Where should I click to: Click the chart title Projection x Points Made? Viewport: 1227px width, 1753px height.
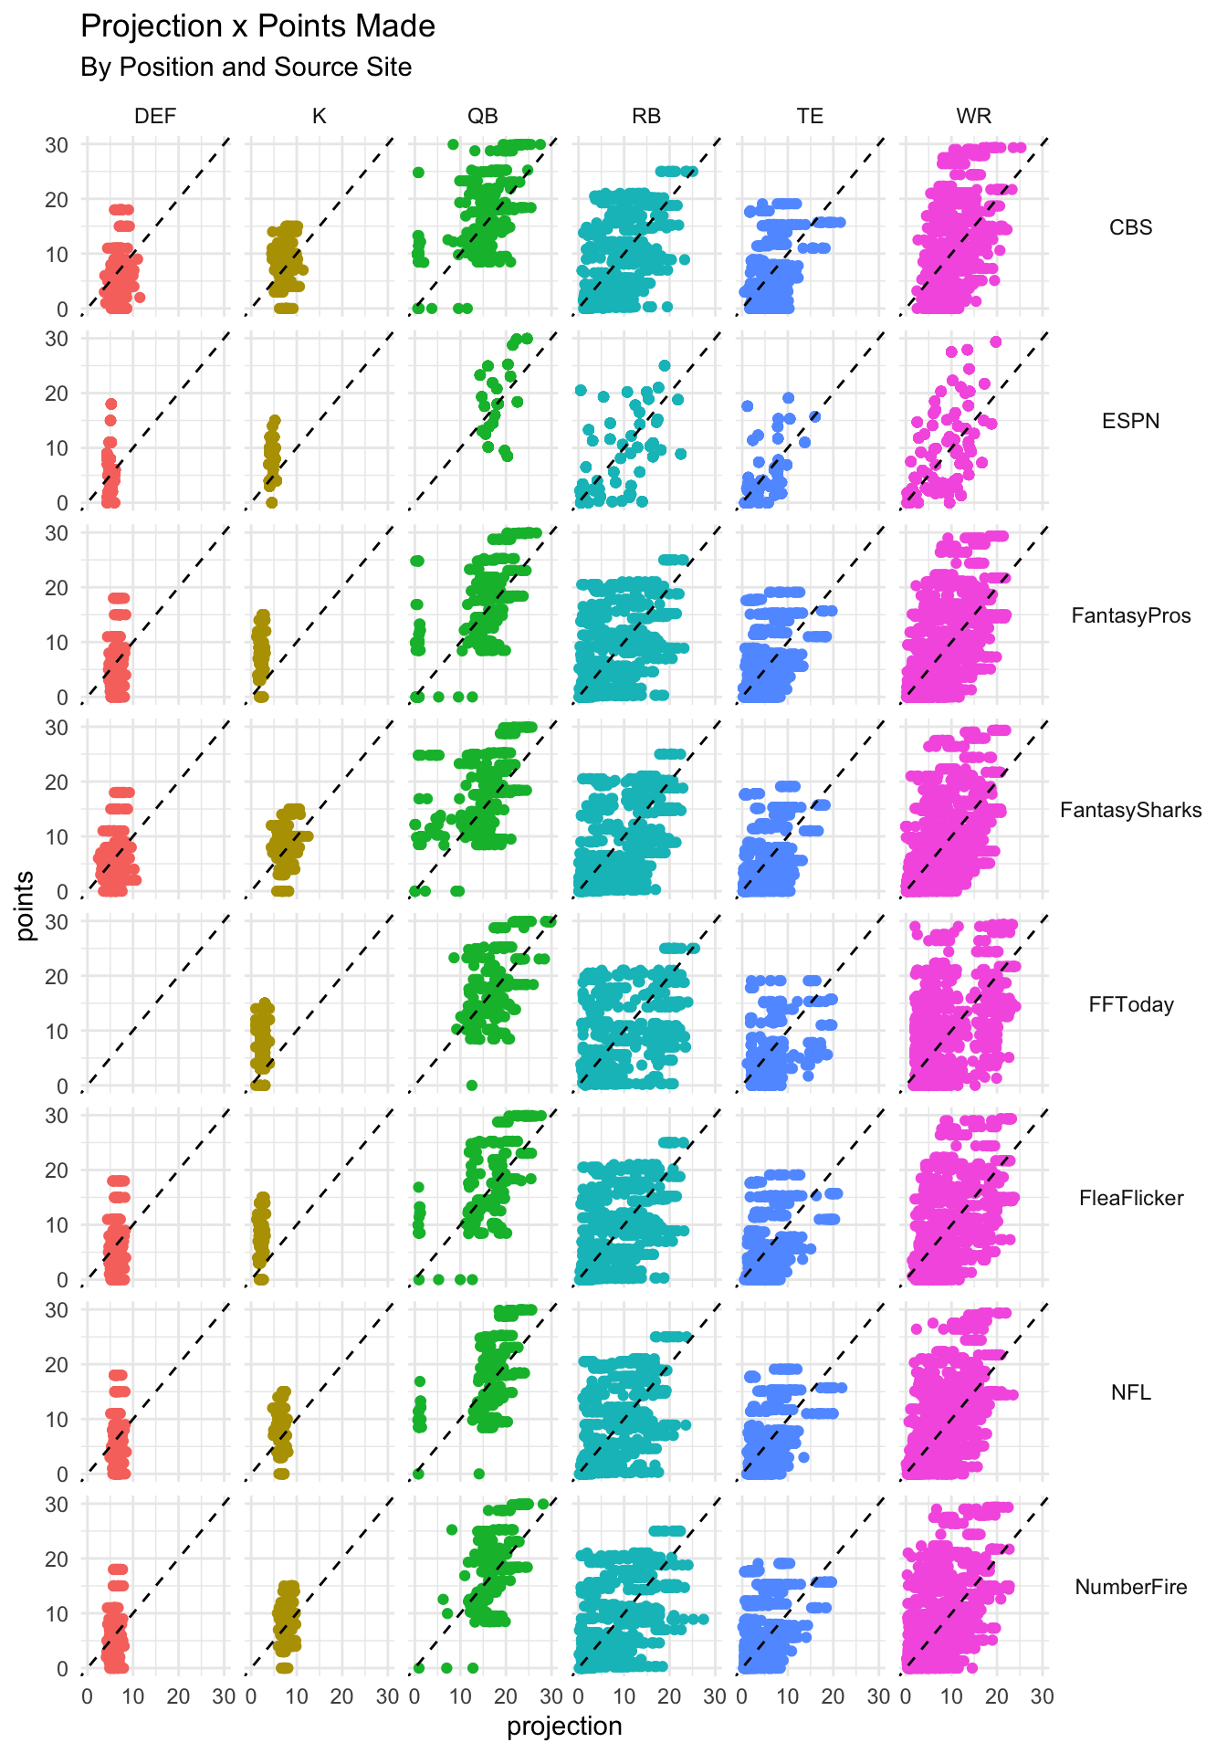pos(257,26)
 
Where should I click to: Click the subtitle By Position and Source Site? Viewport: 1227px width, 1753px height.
pos(246,68)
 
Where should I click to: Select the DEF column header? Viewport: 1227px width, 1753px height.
pos(155,116)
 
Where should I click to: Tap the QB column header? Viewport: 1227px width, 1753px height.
pos(483,116)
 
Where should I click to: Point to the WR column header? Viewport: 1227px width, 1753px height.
pos(973,116)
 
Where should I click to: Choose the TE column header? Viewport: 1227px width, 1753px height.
pos(810,116)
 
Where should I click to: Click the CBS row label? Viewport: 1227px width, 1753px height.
pos(1130,227)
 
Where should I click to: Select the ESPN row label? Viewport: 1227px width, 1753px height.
pos(1130,421)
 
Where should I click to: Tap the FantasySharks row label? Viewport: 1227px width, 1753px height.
pos(1130,810)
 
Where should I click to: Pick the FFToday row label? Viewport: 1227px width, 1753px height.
pos(1130,1004)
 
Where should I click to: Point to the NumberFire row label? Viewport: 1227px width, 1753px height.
pos(1130,1587)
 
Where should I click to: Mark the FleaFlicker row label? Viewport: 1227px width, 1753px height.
pos(1130,1198)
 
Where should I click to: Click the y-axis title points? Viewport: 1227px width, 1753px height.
pos(26,906)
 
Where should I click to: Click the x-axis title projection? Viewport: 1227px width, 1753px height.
pos(564,1727)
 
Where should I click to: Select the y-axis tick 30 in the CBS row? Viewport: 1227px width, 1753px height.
pos(57,144)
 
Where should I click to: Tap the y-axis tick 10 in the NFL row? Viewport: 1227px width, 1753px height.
pos(57,1420)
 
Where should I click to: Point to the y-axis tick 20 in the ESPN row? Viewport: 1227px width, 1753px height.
pos(57,394)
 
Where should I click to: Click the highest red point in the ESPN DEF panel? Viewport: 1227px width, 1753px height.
pos(110,404)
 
